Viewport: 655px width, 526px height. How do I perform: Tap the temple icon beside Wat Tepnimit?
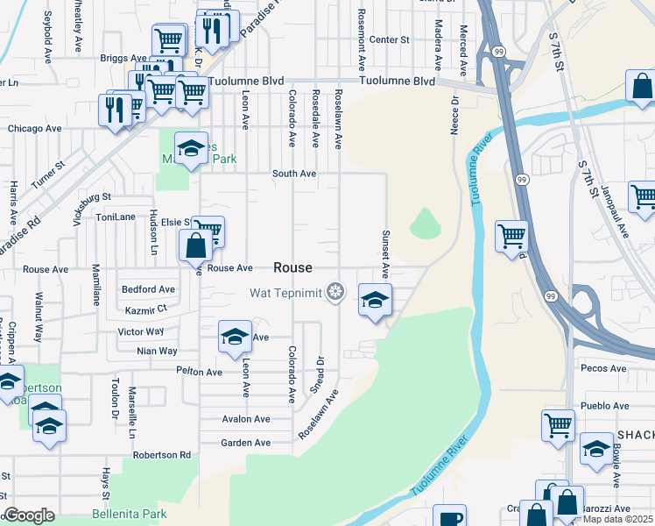pos(334,292)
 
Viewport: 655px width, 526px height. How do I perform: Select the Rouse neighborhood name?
pos(292,267)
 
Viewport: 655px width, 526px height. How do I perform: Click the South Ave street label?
pos(293,174)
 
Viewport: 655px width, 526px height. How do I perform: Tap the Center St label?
pos(389,39)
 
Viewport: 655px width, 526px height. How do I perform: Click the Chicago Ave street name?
pos(34,128)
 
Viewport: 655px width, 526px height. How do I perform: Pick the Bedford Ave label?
pos(148,289)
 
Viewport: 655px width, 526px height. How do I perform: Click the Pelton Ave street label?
pos(199,372)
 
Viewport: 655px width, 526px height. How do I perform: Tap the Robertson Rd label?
pos(162,455)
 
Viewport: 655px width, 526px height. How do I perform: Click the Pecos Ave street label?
pos(604,369)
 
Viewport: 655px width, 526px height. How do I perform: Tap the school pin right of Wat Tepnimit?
pos(375,301)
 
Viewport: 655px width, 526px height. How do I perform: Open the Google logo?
pos(29,515)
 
